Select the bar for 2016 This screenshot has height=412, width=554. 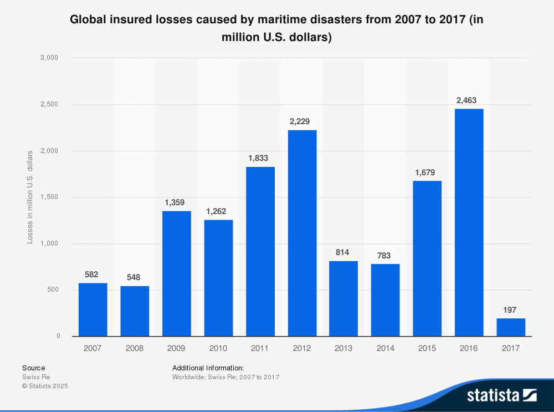tap(469, 222)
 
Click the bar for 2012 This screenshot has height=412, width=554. tap(302, 233)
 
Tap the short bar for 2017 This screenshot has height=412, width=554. tap(510, 327)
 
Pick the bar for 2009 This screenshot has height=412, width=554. tap(177, 273)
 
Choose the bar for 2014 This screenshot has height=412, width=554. tap(385, 300)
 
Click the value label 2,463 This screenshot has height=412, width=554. tap(466, 100)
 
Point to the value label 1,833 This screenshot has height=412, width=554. tap(258, 158)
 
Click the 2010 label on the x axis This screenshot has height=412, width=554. tap(218, 348)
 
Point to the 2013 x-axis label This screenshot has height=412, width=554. tap(343, 348)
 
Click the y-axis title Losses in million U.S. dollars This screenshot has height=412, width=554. tap(30, 197)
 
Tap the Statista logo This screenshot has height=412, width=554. tap(501, 395)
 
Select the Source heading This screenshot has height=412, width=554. tap(33, 368)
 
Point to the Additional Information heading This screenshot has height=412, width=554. tap(208, 368)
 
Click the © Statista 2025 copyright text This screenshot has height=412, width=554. tap(44, 386)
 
